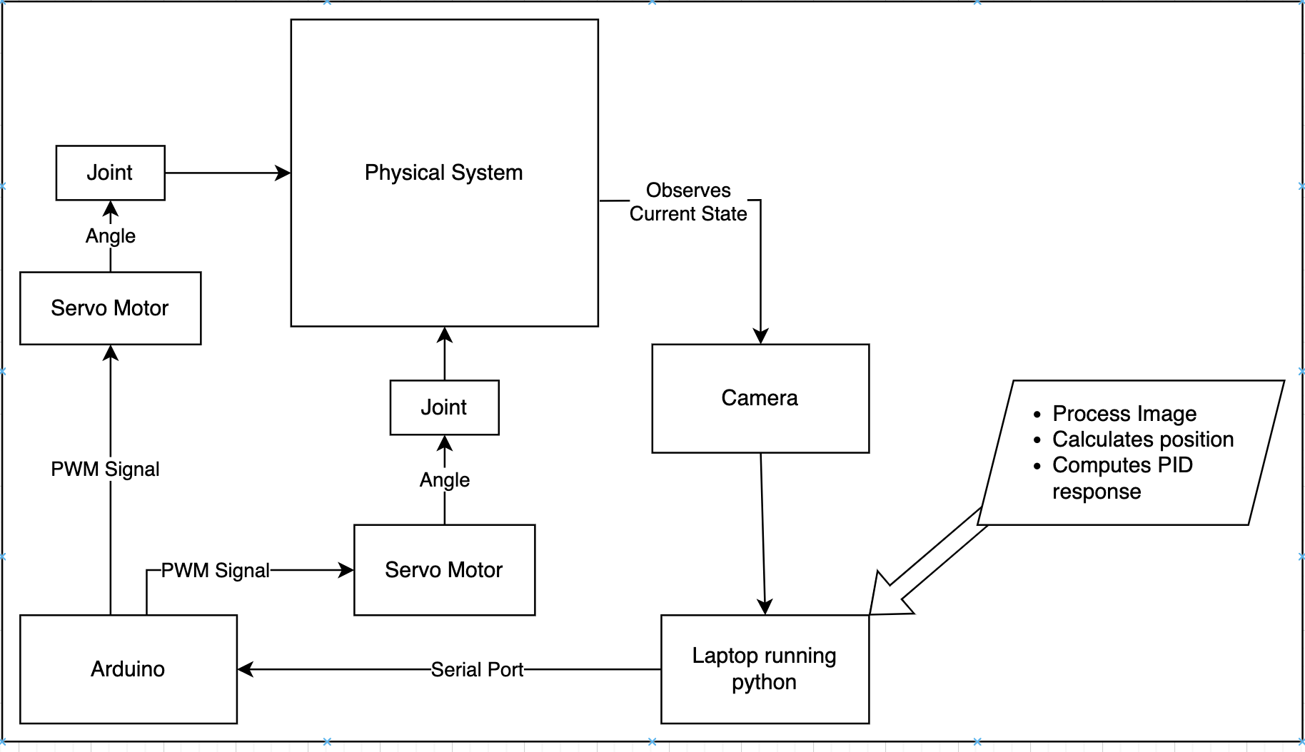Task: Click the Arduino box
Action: pos(128,669)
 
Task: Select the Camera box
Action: pos(760,398)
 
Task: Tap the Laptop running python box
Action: pos(764,669)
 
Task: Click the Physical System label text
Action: pos(443,173)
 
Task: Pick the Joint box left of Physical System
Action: pos(110,173)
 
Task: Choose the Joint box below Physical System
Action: pos(444,407)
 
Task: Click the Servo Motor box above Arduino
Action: pos(110,308)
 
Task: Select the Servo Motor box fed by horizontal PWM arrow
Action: pos(444,570)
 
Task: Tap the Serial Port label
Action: pos(477,670)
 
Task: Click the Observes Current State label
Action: pos(688,202)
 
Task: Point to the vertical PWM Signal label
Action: pos(105,469)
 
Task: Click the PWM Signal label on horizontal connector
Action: pos(215,571)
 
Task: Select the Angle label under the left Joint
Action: pos(110,236)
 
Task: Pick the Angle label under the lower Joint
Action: pos(444,480)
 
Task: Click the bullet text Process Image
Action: pos(1124,414)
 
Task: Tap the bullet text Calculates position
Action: pos(1142,439)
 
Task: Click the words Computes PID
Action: pos(1122,465)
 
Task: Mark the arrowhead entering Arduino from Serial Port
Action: pos(245,669)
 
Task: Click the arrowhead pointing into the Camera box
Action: pos(760,337)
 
